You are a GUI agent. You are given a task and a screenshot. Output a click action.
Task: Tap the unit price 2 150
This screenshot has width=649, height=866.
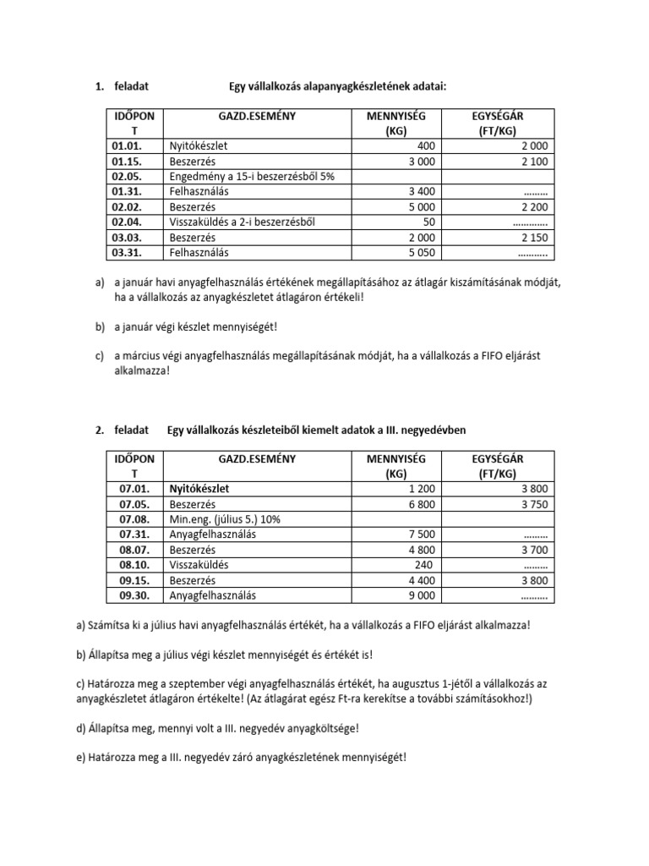coord(532,238)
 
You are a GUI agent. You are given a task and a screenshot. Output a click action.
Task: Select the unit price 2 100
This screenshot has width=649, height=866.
coord(532,162)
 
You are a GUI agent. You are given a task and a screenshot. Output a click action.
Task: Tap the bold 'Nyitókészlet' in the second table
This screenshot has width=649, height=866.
coord(199,489)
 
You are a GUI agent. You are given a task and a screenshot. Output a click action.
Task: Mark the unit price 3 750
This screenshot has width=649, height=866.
coord(532,504)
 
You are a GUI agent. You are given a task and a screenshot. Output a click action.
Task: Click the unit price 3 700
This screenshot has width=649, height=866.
coord(532,550)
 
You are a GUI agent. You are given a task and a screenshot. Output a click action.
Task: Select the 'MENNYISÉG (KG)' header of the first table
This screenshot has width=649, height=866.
coord(395,123)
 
